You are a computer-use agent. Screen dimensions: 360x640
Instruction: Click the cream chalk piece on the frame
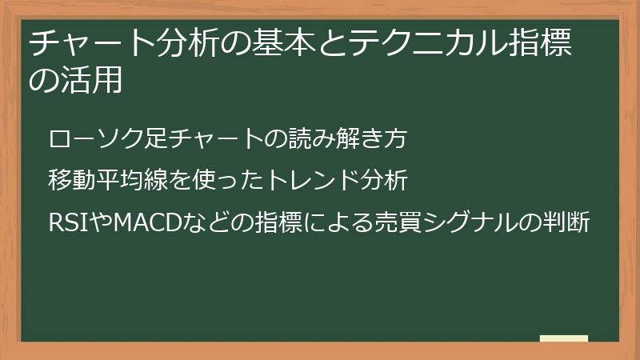564,339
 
